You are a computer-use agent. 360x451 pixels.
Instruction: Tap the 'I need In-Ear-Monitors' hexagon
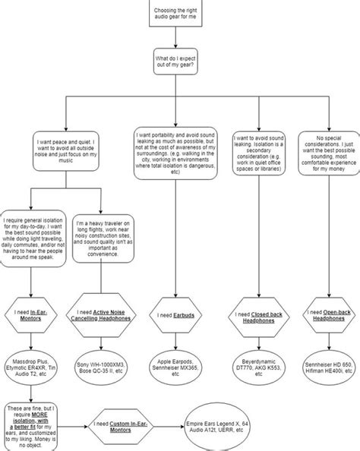click(31, 314)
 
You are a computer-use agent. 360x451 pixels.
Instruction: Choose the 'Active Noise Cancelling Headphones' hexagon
click(101, 314)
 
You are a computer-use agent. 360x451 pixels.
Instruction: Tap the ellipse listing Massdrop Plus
click(31, 364)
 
